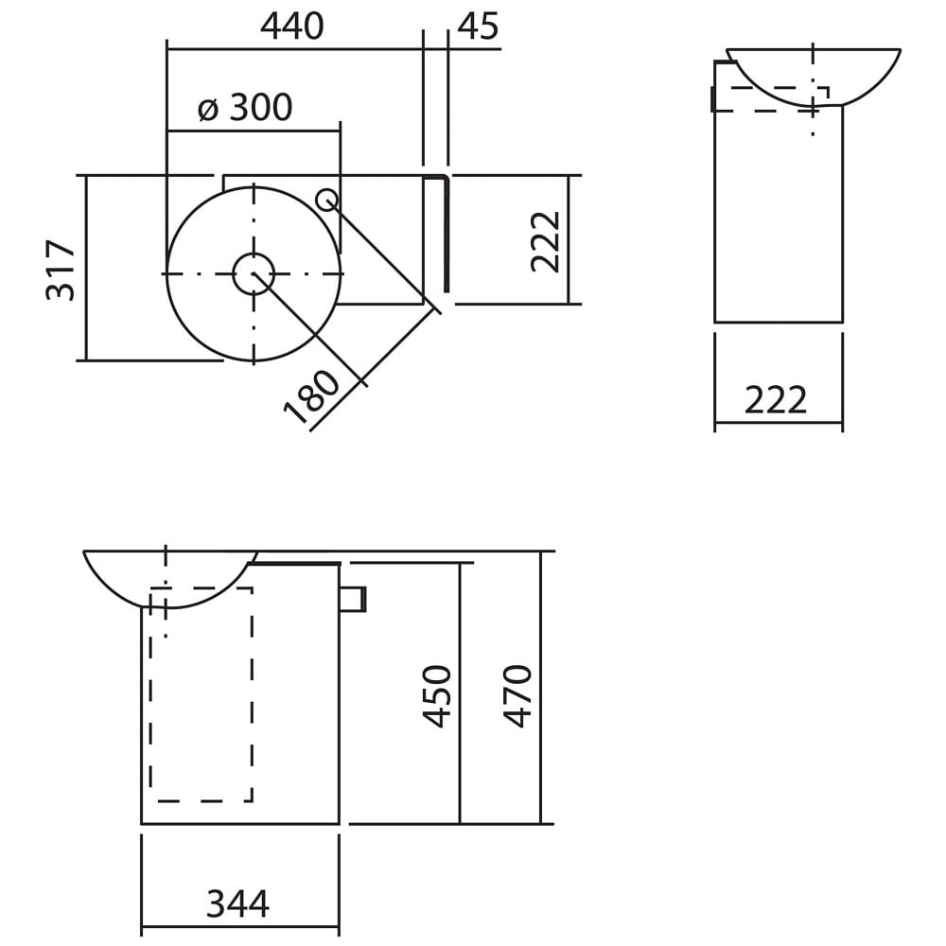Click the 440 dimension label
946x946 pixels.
coord(292,26)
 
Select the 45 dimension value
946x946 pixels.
coord(479,26)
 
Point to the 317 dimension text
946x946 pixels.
coord(61,270)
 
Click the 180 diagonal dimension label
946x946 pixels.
coord(312,398)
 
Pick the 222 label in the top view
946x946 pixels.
coord(546,241)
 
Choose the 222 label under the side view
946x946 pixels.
coord(776,399)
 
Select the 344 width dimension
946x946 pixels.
coord(237,903)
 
